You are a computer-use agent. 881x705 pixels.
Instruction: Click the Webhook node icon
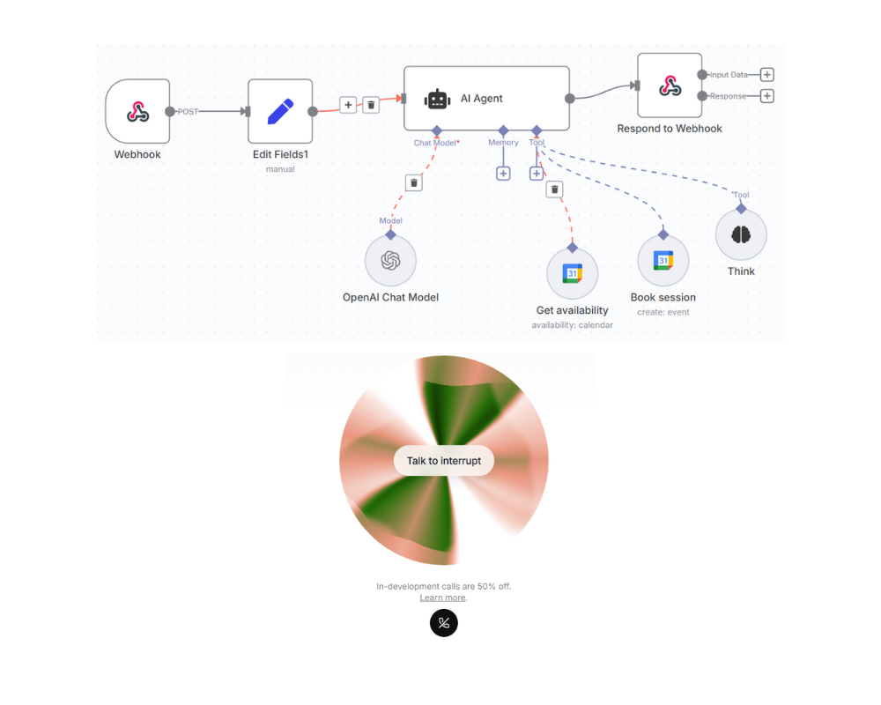137,112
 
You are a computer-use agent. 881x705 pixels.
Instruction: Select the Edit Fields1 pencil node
280,112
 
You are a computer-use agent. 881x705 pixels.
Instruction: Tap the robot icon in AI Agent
437,99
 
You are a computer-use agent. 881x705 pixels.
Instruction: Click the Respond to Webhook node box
670,85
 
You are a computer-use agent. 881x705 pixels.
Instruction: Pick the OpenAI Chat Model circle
390,261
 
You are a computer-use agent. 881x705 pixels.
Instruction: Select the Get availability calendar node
573,274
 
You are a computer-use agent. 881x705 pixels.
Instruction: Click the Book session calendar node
663,261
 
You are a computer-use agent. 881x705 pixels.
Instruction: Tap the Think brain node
741,234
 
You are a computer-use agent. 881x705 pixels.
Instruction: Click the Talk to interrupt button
444,461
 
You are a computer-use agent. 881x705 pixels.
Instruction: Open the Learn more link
442,597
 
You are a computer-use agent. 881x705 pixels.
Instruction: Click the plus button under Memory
503,174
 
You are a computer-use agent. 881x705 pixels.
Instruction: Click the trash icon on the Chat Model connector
414,182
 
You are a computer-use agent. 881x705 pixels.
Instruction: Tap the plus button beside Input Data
766,75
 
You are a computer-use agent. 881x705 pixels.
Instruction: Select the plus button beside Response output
766,96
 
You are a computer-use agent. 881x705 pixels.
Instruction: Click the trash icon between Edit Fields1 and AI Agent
371,105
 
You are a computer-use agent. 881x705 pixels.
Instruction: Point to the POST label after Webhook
189,112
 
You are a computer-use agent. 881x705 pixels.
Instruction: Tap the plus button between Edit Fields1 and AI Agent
348,105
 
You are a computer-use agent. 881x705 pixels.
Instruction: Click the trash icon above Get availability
554,189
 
